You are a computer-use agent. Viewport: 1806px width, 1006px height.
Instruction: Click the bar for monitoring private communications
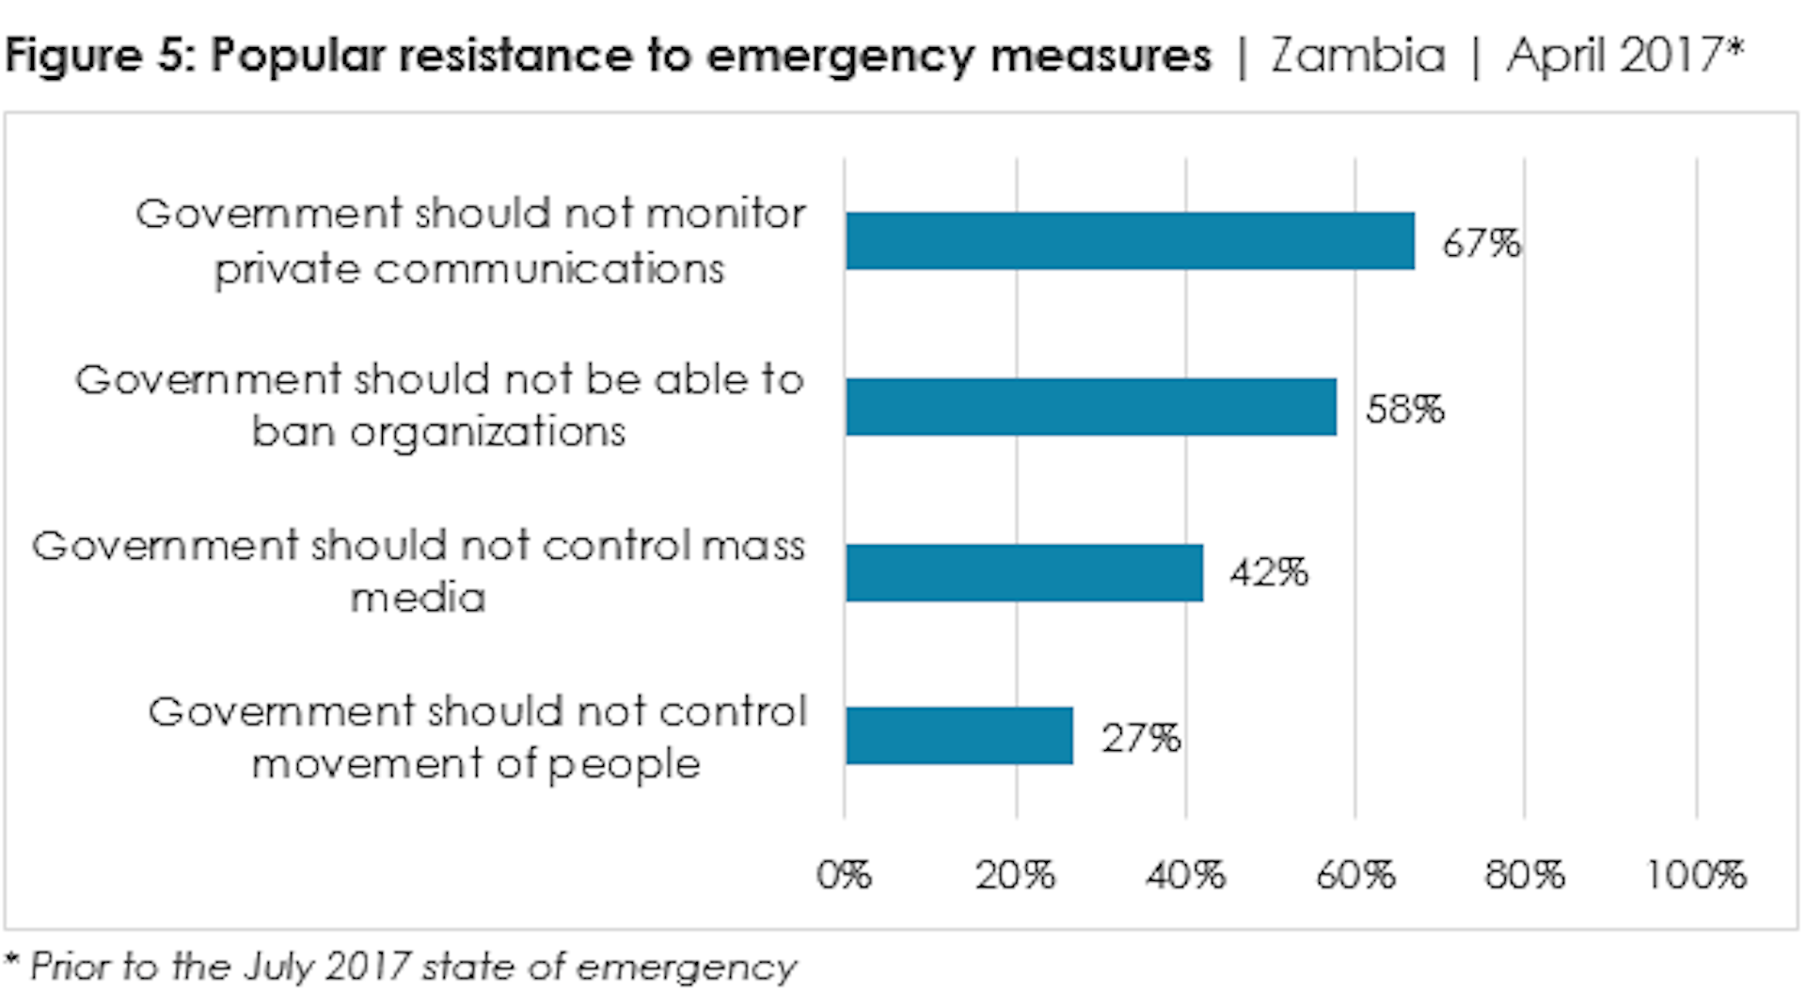1129,241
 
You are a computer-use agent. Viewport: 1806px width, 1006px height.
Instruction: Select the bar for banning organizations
1090,407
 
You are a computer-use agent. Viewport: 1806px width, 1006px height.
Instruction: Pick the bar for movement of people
958,736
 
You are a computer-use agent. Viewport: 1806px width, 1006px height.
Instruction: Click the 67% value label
1481,244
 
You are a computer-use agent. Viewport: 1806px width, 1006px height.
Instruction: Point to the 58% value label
1404,409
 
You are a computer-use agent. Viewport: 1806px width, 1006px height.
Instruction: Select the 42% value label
1269,572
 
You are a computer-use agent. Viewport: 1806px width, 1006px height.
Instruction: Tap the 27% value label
1141,738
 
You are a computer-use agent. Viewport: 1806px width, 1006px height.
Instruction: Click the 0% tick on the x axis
844,875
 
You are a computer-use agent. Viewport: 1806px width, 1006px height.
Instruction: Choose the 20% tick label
1015,875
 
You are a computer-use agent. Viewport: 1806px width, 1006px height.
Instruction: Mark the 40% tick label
1185,875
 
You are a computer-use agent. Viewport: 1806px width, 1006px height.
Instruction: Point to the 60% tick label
1355,875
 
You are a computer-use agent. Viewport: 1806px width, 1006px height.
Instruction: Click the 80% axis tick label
1525,875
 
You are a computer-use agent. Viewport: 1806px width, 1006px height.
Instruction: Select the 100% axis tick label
1696,875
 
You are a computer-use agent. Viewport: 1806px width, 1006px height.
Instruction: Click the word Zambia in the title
1358,56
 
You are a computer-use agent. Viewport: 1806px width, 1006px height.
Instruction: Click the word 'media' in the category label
419,598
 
